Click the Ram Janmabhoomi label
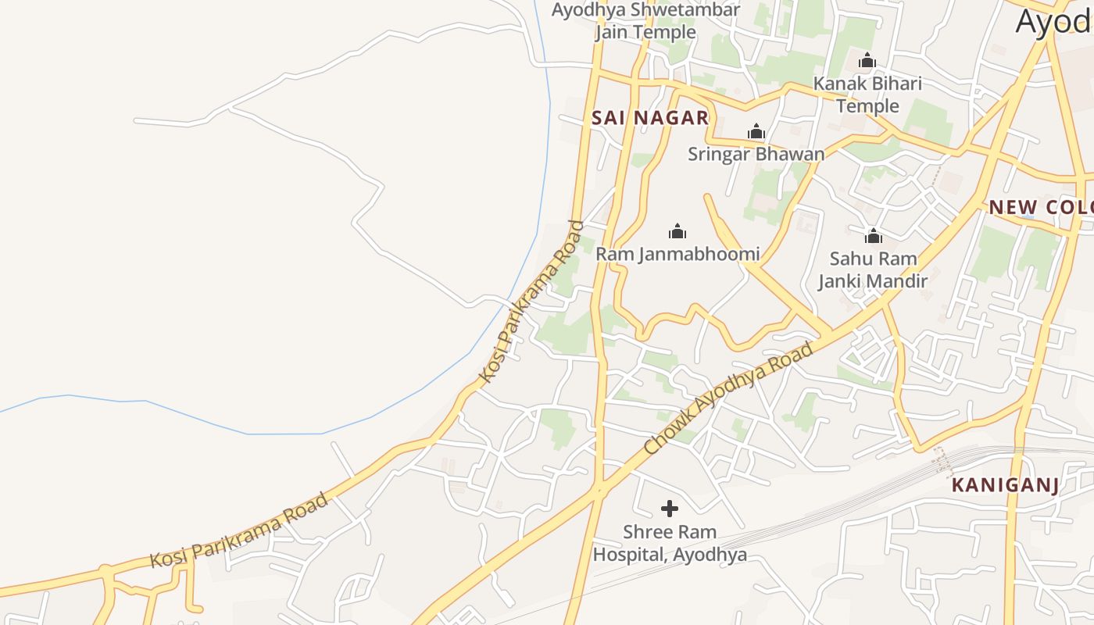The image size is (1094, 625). point(677,254)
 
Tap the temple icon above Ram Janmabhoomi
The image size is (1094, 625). point(677,231)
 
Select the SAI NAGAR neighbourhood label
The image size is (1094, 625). point(650,118)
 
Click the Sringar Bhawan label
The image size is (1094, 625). point(756,154)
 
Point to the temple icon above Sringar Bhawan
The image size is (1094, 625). point(756,131)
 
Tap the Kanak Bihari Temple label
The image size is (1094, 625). point(867,95)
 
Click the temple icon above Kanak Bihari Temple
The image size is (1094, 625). point(867,60)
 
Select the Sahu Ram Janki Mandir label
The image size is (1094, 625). point(873,270)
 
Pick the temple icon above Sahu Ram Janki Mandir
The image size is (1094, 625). point(873,236)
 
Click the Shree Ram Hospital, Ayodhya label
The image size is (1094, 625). point(670,543)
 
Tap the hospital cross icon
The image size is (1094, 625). point(670,509)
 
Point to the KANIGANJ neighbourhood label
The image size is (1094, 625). point(1005,485)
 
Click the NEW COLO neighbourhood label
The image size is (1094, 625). point(1041,208)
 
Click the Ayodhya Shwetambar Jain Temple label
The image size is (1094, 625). point(645,21)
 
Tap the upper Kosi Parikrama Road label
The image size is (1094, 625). point(531,302)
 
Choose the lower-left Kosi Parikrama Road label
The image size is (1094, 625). point(238,530)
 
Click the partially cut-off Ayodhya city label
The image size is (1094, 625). point(1054,22)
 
